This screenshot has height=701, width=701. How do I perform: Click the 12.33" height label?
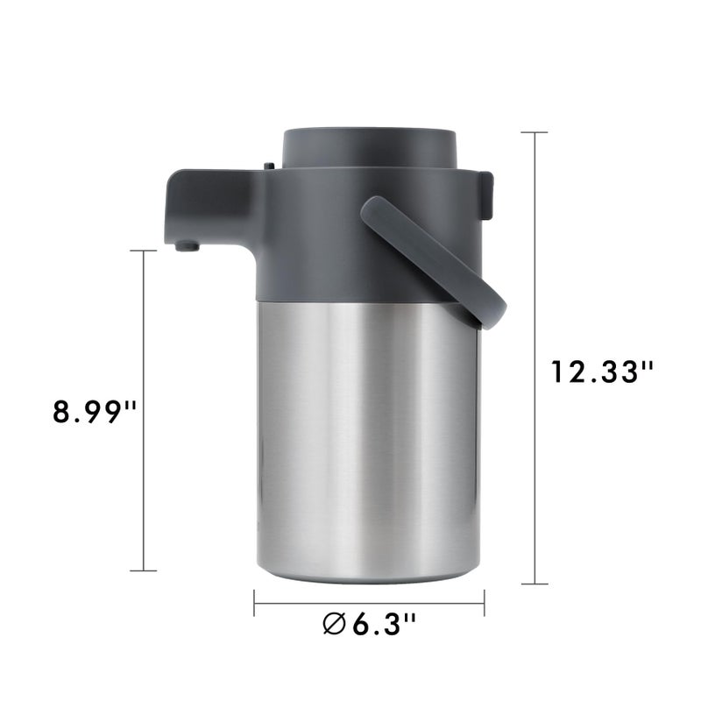[x=604, y=372]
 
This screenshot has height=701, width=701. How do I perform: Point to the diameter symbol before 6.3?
[x=334, y=626]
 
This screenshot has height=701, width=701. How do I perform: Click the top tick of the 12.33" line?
[x=535, y=132]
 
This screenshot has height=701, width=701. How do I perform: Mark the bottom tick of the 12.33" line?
[x=535, y=584]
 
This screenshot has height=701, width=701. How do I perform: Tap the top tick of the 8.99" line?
[x=143, y=251]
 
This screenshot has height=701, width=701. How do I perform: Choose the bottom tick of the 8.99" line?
[x=143, y=571]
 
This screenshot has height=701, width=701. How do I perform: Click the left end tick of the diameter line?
[x=254, y=602]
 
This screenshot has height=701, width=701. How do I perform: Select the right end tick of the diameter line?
[x=484, y=602]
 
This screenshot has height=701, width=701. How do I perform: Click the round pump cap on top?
[x=368, y=145]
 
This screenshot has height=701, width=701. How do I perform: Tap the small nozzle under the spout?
[x=183, y=246]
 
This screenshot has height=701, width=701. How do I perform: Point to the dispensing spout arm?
[x=210, y=203]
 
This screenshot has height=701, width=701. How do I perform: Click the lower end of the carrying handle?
[x=487, y=306]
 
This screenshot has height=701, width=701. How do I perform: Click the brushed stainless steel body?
[x=368, y=438]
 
